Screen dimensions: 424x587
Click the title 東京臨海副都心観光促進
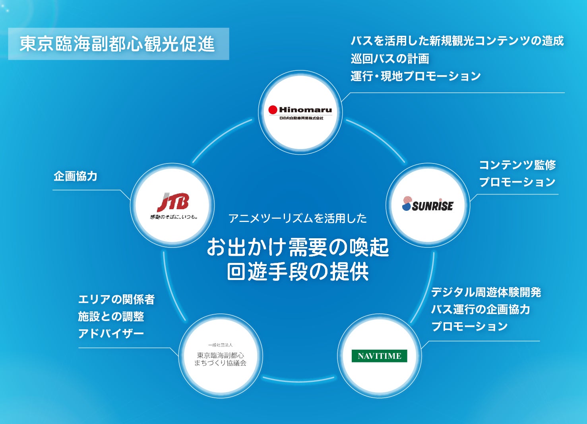point(118,44)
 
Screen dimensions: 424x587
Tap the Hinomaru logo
point(300,112)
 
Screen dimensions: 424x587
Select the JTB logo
point(173,205)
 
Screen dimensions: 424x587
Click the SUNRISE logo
point(428,204)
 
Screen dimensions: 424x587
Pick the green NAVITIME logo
point(380,356)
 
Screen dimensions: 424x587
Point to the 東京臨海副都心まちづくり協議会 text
point(221,359)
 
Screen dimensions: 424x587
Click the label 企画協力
point(76,176)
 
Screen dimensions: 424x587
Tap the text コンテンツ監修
point(517,165)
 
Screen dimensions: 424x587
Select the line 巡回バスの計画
point(390,58)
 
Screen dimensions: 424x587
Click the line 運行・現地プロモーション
point(416,76)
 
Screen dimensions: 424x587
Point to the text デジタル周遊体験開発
point(486,292)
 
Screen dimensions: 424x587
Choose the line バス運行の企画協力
point(480,309)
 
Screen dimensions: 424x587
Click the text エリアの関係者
point(116,299)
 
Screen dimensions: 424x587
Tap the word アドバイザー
point(111,333)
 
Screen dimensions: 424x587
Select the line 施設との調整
point(111,317)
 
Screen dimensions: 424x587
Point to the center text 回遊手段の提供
point(298,272)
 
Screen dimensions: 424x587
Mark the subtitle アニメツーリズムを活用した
point(298,218)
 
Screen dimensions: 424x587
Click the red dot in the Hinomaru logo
point(273,110)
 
